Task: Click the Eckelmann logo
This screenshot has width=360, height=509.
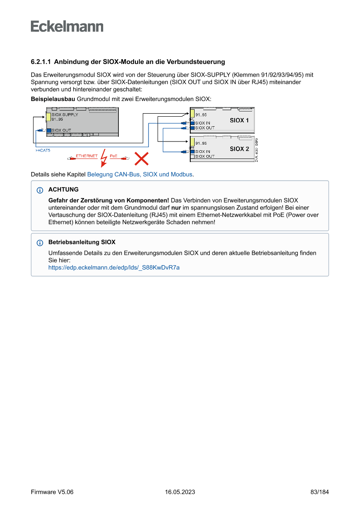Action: [x=67, y=27]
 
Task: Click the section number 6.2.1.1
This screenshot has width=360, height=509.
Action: [x=41, y=62]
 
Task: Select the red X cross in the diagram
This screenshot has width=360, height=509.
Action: [x=141, y=158]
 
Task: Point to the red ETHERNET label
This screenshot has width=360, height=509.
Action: [x=87, y=156]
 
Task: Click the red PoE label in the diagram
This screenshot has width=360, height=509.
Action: [x=113, y=156]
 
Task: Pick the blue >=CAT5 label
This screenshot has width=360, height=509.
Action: [x=43, y=150]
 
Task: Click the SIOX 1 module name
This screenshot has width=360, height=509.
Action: [x=239, y=120]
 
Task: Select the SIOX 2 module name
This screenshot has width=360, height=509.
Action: [x=239, y=149]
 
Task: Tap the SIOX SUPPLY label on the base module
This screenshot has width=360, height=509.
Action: [x=64, y=115]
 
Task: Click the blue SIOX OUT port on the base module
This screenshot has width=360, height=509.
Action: [x=49, y=130]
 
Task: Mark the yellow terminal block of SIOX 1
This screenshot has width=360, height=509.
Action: [x=192, y=115]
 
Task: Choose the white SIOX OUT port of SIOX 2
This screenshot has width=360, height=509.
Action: [x=192, y=156]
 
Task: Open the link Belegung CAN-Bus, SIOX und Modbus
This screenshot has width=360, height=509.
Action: [x=140, y=174]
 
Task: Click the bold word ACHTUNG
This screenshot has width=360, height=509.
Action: [x=64, y=190]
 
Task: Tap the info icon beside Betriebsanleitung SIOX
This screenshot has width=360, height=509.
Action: [x=40, y=243]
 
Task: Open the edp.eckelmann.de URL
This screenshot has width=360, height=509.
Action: [x=114, y=268]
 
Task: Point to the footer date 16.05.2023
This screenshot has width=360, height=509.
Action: [x=180, y=492]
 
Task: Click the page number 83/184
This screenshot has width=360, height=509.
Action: [x=320, y=492]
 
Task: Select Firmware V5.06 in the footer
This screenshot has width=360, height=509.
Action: [x=52, y=492]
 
